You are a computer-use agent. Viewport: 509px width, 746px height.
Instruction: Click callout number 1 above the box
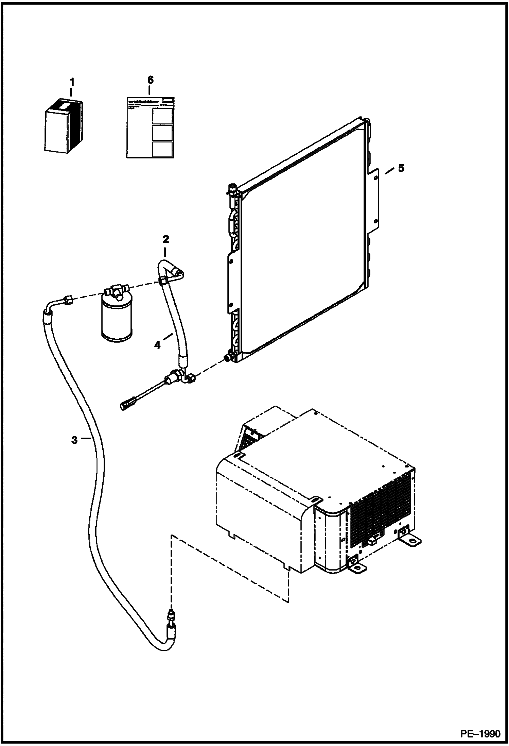click(72, 82)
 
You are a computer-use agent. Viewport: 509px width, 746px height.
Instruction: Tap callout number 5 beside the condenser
click(401, 169)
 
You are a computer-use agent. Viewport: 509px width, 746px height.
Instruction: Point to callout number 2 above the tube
click(165, 239)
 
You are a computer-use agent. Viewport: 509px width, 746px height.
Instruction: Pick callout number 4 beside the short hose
click(157, 345)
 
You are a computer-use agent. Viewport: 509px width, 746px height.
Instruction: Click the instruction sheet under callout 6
click(150, 127)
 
